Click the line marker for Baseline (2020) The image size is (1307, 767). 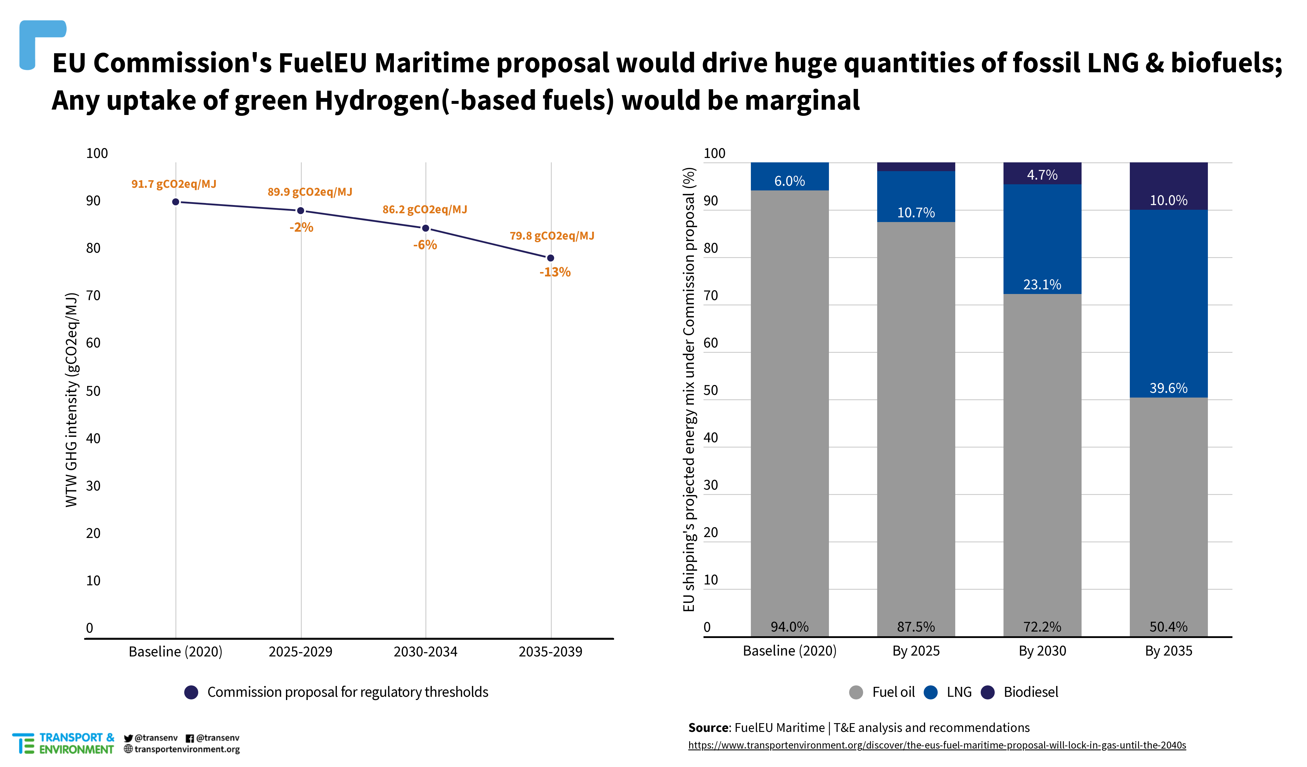click(x=176, y=202)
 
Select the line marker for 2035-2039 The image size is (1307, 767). click(x=551, y=258)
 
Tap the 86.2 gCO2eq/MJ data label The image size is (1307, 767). click(x=425, y=210)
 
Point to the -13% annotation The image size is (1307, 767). click(x=555, y=272)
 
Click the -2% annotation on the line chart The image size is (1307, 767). click(x=301, y=227)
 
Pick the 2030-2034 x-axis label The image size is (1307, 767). click(x=425, y=652)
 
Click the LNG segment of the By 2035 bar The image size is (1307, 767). click(x=1168, y=304)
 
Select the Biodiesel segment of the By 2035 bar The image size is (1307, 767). click(x=1168, y=186)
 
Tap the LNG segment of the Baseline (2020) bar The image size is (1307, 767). click(x=789, y=176)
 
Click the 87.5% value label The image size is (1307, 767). click(x=916, y=627)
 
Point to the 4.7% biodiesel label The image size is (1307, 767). click(x=1042, y=175)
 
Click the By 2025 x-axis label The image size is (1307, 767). click(x=916, y=651)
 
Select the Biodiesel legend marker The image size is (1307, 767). click(x=987, y=692)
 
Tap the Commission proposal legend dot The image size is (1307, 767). click(x=192, y=692)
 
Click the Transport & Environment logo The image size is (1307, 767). click(x=63, y=743)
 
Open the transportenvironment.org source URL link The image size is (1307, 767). click(x=937, y=745)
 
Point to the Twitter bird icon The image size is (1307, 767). click(x=128, y=738)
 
